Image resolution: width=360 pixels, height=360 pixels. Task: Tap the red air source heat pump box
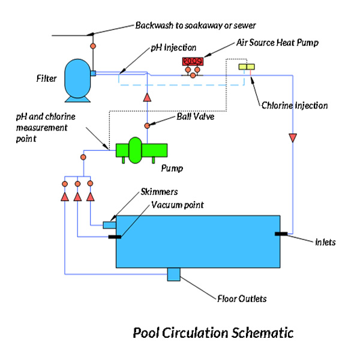click(193, 62)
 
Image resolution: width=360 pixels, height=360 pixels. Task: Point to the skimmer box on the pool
click(109, 225)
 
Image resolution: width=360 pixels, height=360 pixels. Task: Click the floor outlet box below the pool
click(174, 274)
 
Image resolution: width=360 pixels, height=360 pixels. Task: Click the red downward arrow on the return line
click(293, 139)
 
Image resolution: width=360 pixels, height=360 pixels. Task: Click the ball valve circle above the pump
click(146, 125)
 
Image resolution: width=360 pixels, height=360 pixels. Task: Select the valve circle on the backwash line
click(93, 46)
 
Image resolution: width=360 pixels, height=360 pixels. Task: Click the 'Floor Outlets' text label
click(242, 298)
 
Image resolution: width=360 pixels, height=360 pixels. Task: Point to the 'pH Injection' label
click(173, 47)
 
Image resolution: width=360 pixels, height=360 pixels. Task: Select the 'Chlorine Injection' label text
click(295, 106)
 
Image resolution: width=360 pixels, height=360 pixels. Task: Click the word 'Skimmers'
click(160, 191)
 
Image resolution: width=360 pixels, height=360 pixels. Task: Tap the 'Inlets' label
click(325, 242)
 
